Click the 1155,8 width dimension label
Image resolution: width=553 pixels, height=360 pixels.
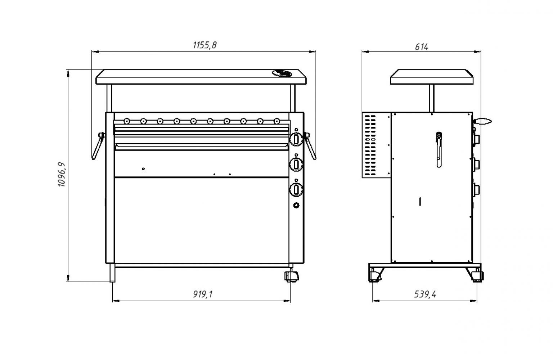coord(205,45)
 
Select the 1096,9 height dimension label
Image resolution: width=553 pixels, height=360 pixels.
coord(62,174)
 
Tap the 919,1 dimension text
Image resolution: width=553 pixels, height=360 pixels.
coord(203,294)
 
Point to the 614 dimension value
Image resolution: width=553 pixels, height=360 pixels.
coord(421,47)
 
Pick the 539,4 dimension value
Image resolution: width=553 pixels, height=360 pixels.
coord(425,294)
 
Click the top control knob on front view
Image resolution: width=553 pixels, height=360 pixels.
coord(296,139)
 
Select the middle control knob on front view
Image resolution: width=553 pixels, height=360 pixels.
coord(296,165)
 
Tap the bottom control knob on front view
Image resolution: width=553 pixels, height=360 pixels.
coord(296,189)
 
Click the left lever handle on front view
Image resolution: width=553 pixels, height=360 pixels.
coord(98,146)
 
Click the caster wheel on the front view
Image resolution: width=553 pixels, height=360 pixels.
coord(292,276)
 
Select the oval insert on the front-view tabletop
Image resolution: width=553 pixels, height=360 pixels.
coord(282,73)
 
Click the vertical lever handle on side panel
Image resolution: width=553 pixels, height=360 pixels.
coord(439,149)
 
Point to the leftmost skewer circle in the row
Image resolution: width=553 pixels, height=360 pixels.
coord(126,121)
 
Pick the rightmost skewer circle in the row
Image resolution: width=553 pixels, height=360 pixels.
coord(277,121)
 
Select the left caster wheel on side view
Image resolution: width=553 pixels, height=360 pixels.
coord(374,275)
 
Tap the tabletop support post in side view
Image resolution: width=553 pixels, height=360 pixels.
coord(431,98)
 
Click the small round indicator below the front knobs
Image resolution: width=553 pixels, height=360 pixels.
coord(296,206)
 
